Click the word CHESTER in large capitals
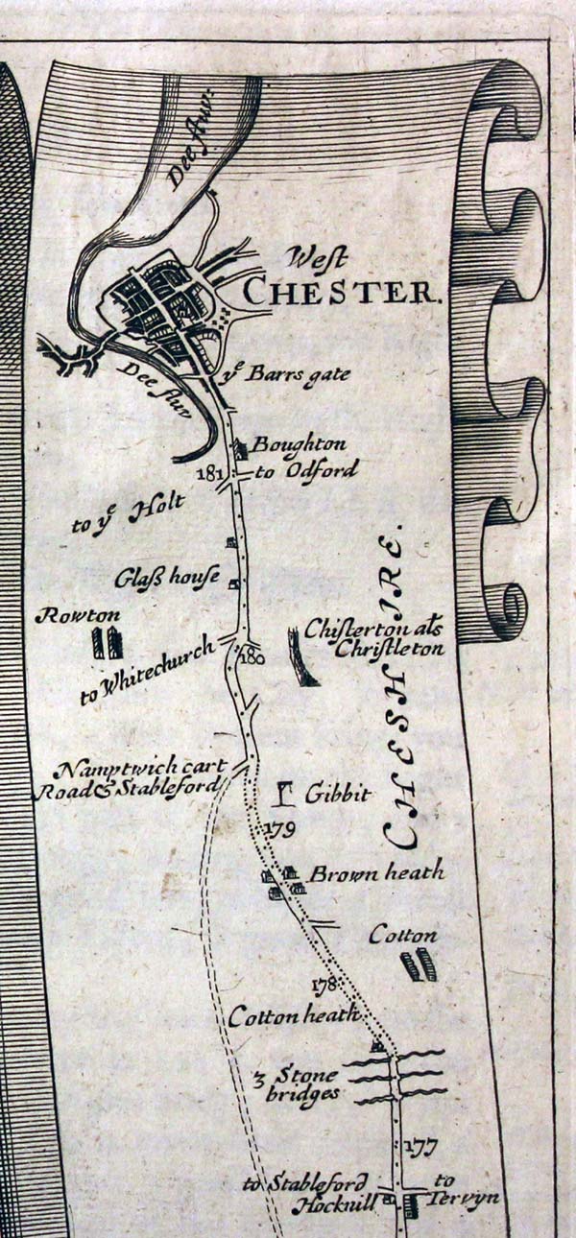click(x=342, y=290)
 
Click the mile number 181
click(x=208, y=473)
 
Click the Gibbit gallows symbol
click(x=284, y=793)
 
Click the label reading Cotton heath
click(x=293, y=1015)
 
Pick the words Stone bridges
click(x=305, y=1083)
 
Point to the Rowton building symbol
click(x=107, y=642)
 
